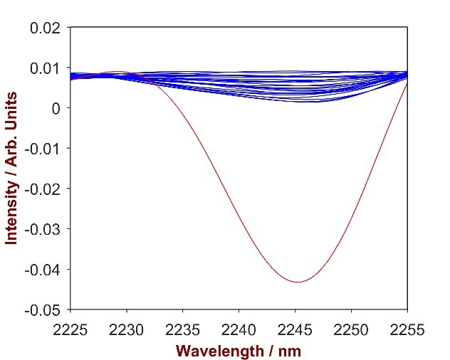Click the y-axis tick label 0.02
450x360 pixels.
click(x=46, y=28)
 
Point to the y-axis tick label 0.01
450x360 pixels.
click(x=46, y=68)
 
